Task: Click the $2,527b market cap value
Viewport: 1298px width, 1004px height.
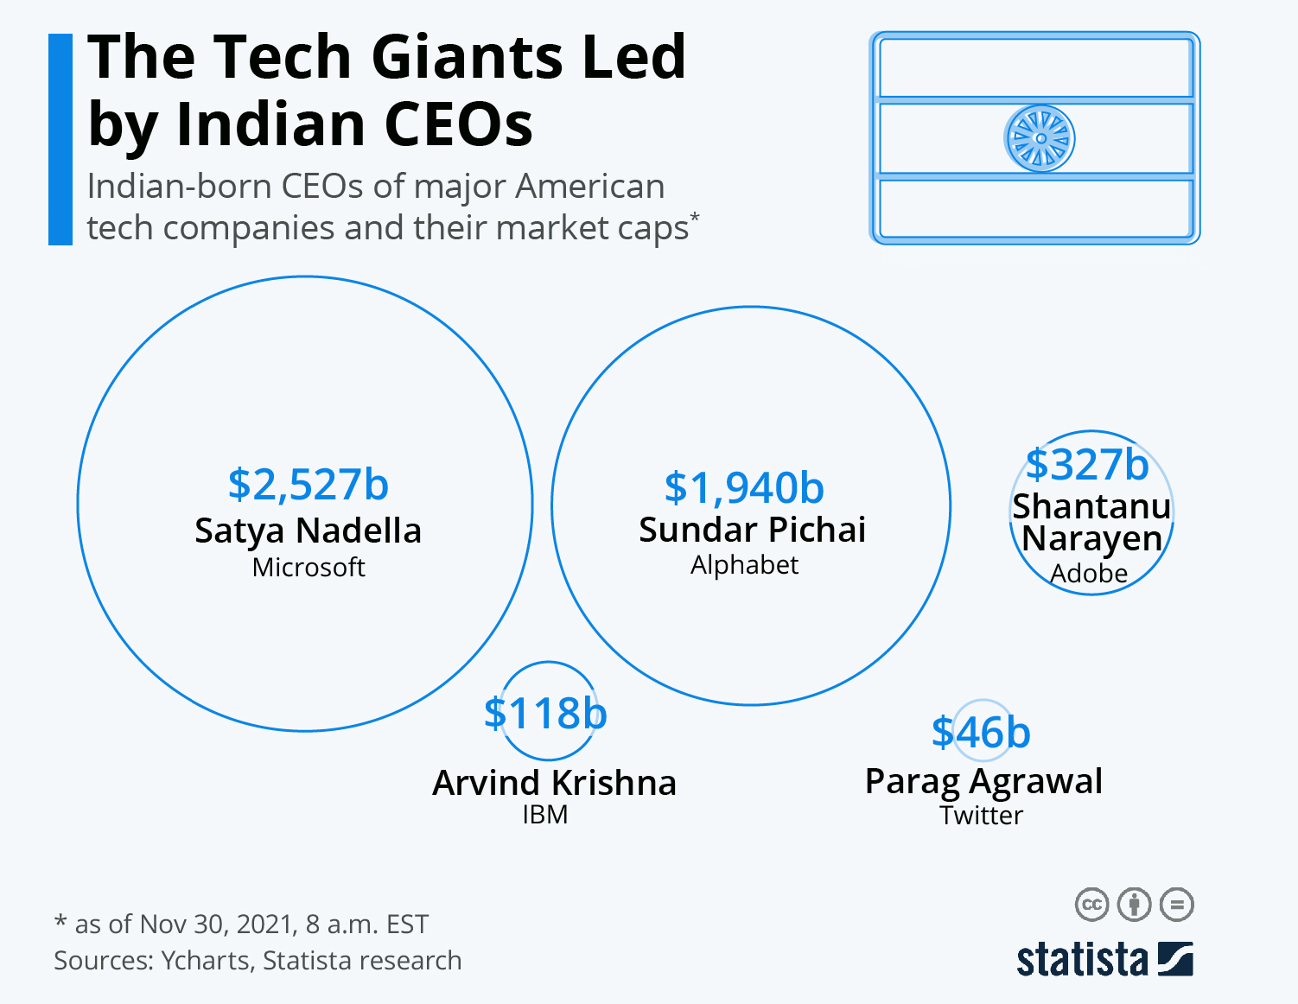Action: [308, 485]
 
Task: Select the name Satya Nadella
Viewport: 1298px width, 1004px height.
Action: [308, 531]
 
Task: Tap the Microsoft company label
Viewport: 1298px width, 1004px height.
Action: [309, 567]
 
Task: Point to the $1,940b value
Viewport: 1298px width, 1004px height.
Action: [744, 488]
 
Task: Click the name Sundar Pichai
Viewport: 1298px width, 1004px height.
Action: [752, 530]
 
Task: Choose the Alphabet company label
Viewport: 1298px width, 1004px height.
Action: [744, 565]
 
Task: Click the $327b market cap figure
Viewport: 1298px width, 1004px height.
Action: [1087, 465]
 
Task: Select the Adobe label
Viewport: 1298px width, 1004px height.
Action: [1089, 573]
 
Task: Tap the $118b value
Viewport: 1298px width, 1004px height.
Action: [545, 714]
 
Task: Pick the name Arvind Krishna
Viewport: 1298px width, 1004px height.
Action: [554, 783]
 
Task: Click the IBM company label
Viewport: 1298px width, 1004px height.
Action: [545, 815]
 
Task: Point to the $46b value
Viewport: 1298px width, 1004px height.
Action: [981, 733]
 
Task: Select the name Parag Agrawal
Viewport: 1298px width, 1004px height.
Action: [983, 781]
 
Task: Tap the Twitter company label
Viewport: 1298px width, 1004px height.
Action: [981, 816]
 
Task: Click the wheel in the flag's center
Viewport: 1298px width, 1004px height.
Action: [1040, 138]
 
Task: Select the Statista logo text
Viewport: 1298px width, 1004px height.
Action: [1082, 960]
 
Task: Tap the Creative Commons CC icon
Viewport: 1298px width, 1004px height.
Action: [1091, 905]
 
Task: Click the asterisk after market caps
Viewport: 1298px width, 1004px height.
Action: [695, 216]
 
